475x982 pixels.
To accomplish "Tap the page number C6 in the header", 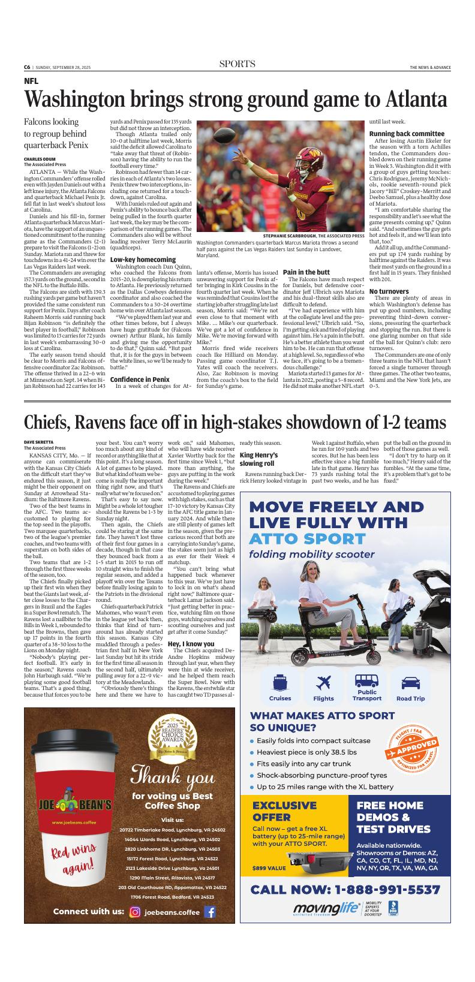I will coord(28,67).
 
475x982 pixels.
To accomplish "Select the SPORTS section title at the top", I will coord(237,65).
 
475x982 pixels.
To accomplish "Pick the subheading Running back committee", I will coord(407,133).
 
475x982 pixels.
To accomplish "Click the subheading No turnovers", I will coord(389,291).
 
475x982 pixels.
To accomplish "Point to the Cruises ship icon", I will coord(280,665).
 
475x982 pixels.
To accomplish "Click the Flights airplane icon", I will coord(324,665).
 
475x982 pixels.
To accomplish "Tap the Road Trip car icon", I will coord(410,665).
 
